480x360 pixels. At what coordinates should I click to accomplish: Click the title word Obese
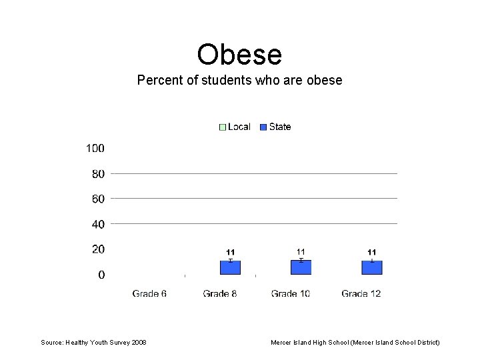239,54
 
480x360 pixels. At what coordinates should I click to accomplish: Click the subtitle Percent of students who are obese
239,81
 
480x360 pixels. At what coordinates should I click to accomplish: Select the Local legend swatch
223,127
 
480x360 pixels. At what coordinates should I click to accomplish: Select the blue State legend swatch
264,127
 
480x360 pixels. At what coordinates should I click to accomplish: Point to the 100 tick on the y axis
95,148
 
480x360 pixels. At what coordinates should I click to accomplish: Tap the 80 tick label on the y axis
97,174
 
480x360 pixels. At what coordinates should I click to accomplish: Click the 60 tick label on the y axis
97,199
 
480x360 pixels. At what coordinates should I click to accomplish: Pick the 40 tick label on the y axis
97,224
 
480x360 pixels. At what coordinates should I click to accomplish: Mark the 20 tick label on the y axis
97,249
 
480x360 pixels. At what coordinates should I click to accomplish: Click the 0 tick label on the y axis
101,275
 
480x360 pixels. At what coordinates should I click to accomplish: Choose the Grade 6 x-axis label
149,293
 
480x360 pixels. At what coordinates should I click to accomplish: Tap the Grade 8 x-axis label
220,293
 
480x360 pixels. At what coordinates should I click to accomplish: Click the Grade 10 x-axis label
291,293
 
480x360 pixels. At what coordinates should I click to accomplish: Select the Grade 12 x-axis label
361,293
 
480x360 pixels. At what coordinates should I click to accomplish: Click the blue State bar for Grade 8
230,268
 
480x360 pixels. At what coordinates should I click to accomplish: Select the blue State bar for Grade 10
301,268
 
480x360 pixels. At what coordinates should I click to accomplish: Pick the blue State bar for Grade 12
371,268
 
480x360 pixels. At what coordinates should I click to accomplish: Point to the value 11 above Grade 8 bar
230,252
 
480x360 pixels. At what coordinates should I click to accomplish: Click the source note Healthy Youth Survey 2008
93,343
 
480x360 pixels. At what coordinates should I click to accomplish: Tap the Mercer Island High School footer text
355,343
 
